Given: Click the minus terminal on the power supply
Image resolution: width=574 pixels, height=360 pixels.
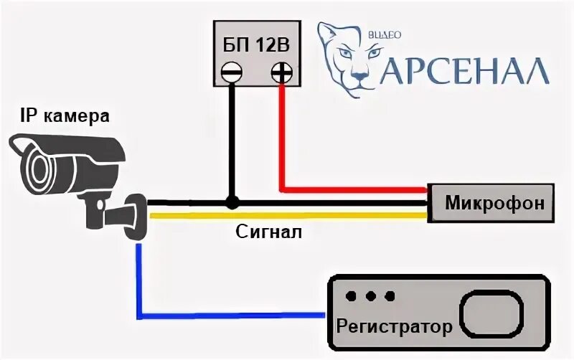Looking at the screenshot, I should click(x=231, y=72).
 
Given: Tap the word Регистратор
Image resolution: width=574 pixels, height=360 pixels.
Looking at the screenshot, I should click(x=394, y=327).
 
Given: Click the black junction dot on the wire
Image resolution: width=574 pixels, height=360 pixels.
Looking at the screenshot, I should click(x=231, y=202).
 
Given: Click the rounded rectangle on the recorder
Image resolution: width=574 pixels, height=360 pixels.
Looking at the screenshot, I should click(x=491, y=313).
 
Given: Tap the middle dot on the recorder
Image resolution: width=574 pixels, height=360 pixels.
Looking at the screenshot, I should click(x=370, y=296).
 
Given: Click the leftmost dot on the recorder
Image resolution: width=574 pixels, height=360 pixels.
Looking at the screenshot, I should click(x=351, y=296).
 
